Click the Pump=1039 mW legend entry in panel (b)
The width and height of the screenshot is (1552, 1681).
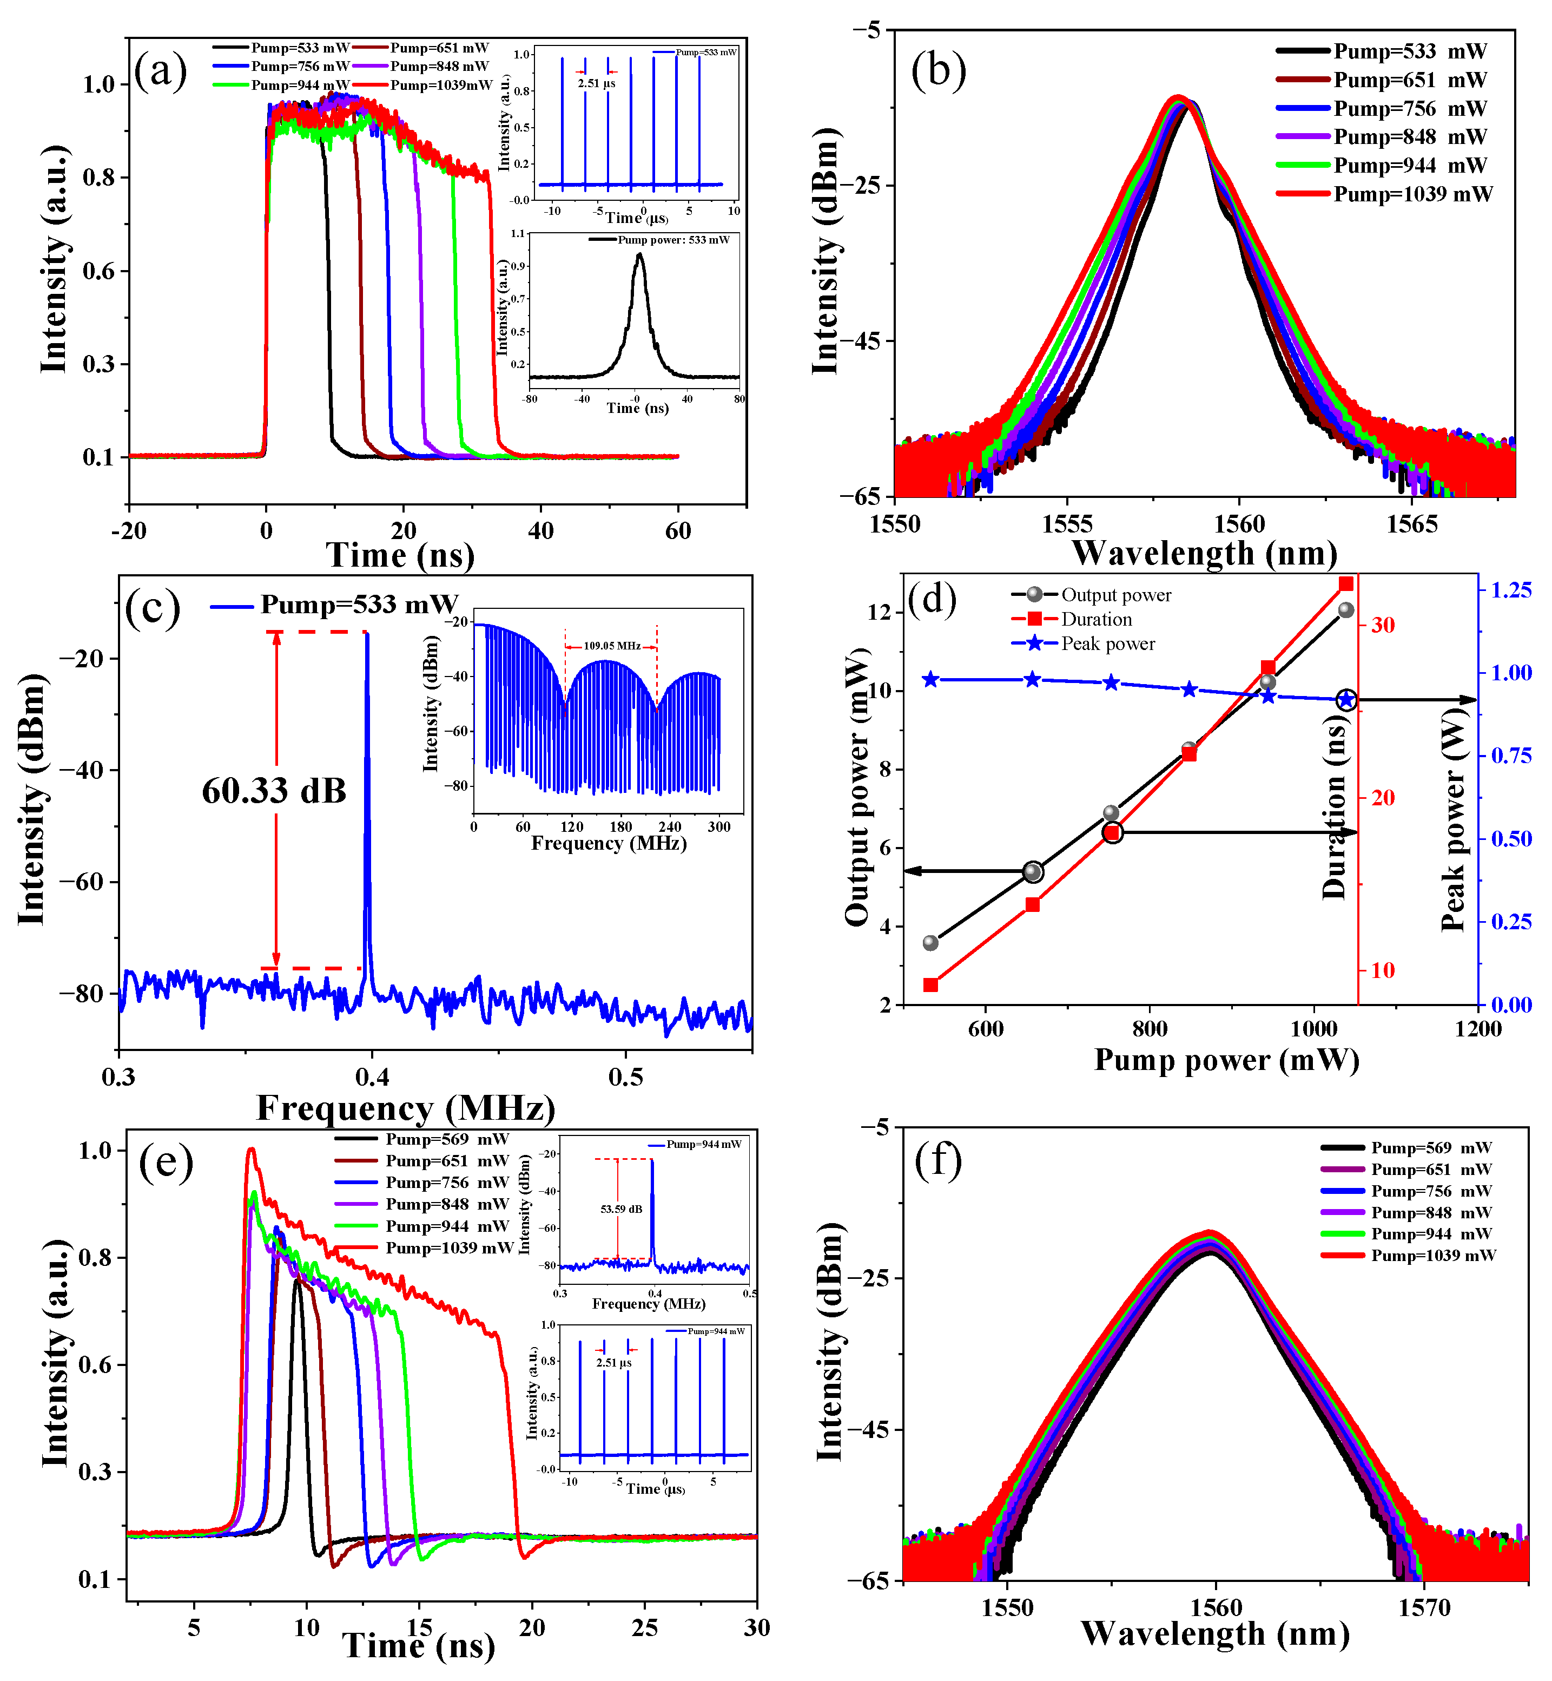(1412, 194)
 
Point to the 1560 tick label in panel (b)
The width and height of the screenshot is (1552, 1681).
(1239, 525)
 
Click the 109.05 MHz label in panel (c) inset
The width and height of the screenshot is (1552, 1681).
(611, 646)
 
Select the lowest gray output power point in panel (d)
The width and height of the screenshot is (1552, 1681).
(930, 943)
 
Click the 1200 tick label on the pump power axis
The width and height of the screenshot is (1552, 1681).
(1478, 1028)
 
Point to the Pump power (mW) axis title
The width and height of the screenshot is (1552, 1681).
(1226, 1060)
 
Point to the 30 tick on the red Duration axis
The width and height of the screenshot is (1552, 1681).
(1382, 625)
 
